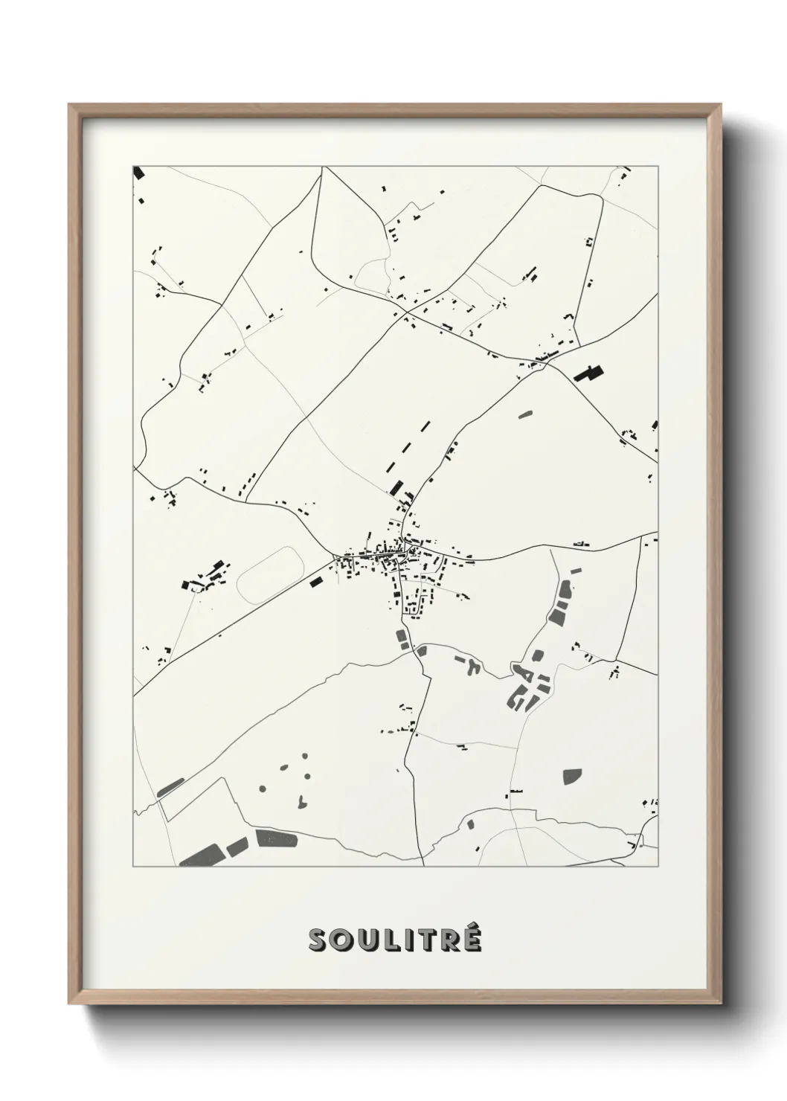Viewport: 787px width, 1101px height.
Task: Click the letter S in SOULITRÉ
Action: (x=318, y=940)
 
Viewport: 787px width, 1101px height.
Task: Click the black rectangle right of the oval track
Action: (x=317, y=582)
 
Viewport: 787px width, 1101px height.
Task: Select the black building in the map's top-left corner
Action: (x=138, y=173)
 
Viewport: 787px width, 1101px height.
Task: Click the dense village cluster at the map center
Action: (x=387, y=559)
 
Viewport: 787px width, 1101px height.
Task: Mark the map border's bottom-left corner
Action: (x=134, y=867)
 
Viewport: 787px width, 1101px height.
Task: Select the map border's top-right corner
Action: (x=658, y=166)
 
